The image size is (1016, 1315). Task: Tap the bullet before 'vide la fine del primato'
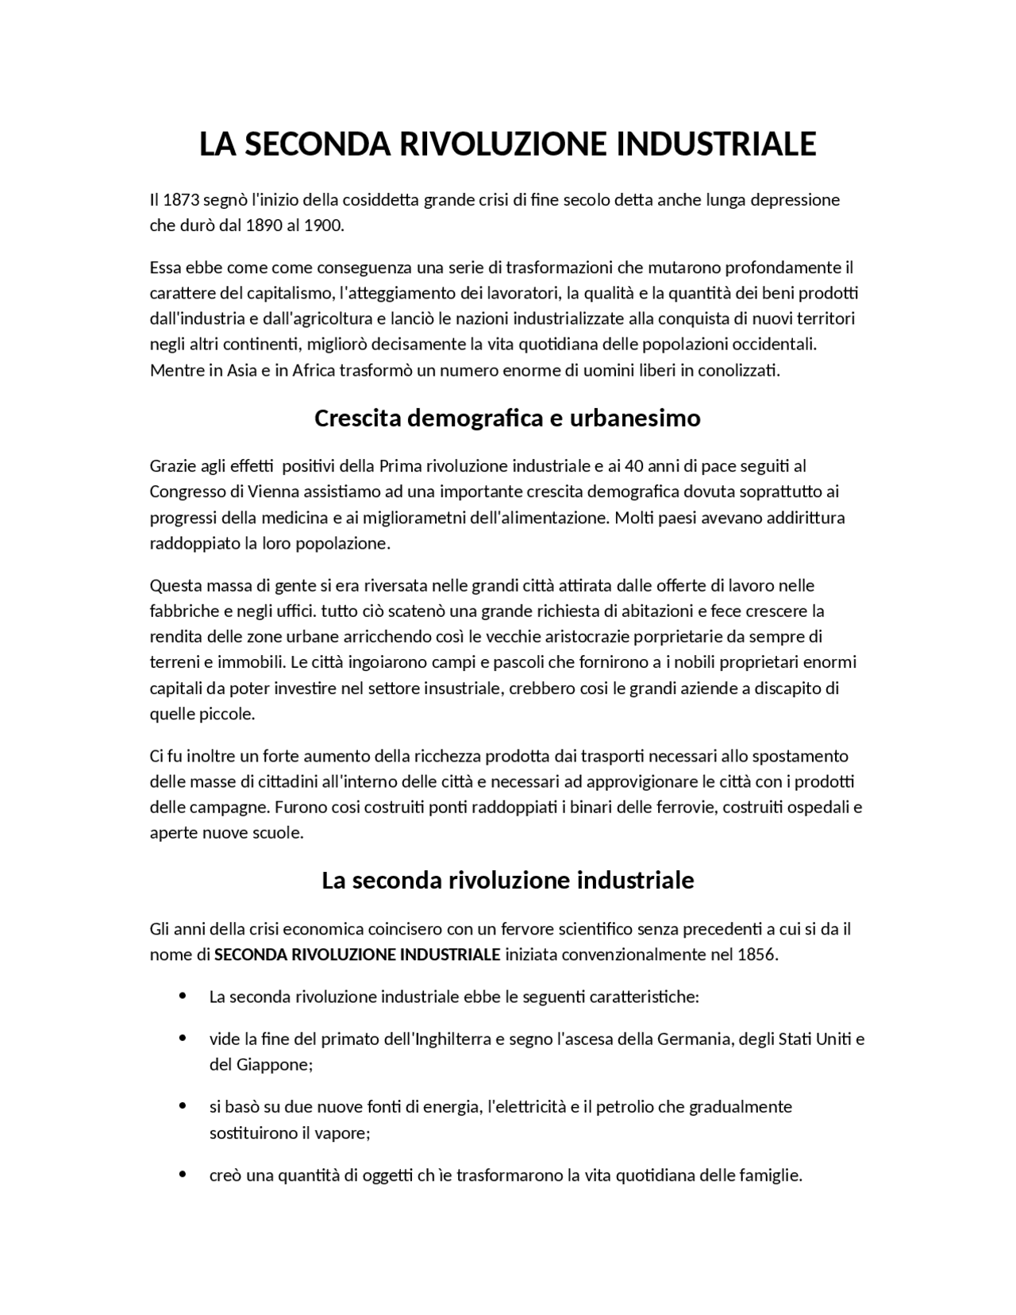point(183,1037)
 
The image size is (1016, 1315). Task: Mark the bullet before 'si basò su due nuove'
point(183,1105)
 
